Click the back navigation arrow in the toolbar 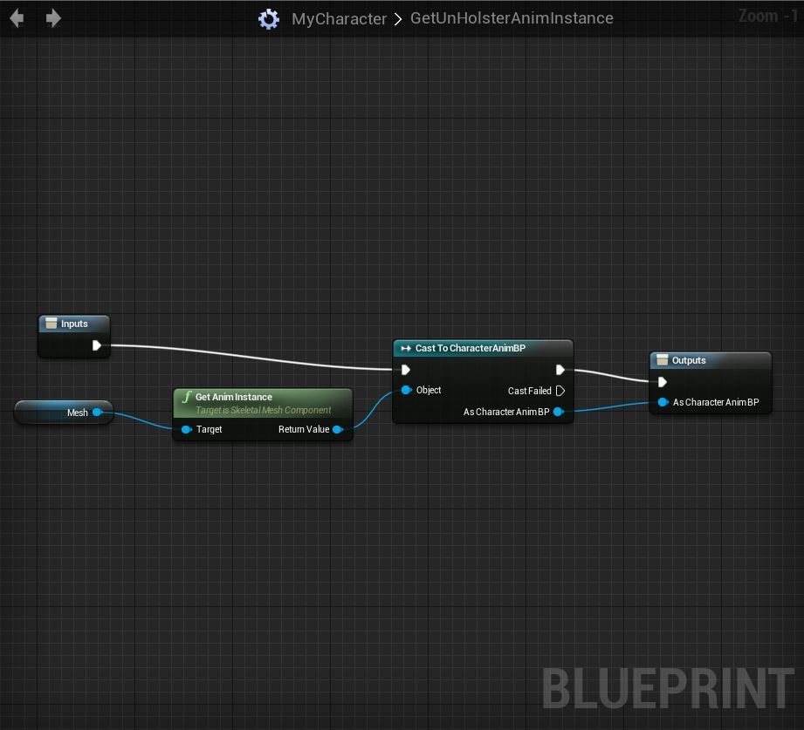point(17,18)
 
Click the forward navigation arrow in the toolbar point(53,18)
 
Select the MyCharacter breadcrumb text point(339,18)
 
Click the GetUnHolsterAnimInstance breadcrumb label point(512,18)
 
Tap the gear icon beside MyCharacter point(269,19)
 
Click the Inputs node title point(74,324)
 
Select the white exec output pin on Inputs point(97,345)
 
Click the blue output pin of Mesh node point(97,413)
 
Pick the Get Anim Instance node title point(234,397)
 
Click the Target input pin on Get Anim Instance point(186,429)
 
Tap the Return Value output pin point(338,429)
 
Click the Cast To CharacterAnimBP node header point(471,348)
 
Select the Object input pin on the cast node point(406,390)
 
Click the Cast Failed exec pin point(560,391)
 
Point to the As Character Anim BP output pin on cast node point(558,412)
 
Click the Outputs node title point(689,360)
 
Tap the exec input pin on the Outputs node point(663,382)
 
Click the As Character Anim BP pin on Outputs point(663,402)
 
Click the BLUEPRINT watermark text point(668,688)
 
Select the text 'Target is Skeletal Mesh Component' point(263,410)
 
